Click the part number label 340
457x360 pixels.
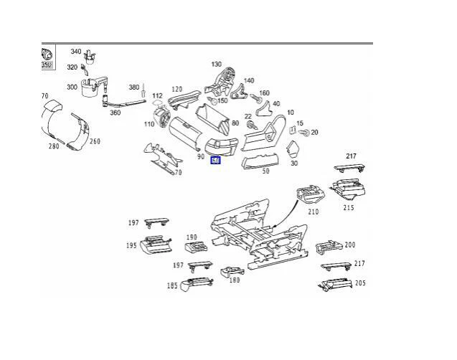pos(76,52)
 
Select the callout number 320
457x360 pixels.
pos(72,67)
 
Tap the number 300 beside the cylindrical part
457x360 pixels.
pos(72,87)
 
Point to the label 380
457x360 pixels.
pos(134,87)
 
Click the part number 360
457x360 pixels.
pos(115,113)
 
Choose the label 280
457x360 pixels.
pos(54,146)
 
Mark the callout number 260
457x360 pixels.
pos(95,141)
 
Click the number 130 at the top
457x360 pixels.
pos(217,65)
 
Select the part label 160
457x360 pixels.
pos(264,93)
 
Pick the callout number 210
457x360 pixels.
pos(314,212)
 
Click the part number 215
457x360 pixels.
pos(349,208)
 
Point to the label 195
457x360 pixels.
pos(132,245)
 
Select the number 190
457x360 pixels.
pos(192,237)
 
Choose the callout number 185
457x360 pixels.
pos(172,286)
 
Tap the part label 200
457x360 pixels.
pos(350,245)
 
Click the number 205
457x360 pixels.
pos(360,283)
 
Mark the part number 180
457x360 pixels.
pos(235,280)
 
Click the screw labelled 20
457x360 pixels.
pos(304,133)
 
